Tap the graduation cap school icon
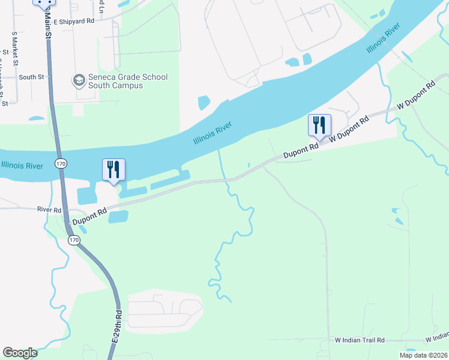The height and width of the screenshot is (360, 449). pos(79,80)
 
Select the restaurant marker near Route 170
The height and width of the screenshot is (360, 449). pos(113,170)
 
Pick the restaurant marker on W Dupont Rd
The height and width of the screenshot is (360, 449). pos(319,125)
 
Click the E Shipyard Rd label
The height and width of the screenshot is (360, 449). pos(74,20)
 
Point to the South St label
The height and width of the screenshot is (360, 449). pos(31,77)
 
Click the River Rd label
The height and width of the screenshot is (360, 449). pos(49,210)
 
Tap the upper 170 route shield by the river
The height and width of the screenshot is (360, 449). pos(61,163)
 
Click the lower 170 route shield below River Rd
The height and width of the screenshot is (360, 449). pos(73,240)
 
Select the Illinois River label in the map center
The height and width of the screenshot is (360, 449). pos(212,133)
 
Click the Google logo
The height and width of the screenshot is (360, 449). pos(20,353)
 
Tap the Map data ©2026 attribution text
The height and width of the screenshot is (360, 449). pos(424,355)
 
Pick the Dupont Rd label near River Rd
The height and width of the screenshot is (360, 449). pos(89,217)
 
